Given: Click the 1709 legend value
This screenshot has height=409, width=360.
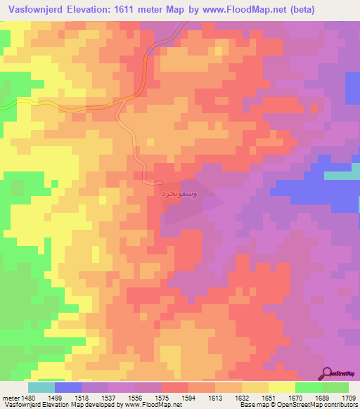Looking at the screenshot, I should (349, 397).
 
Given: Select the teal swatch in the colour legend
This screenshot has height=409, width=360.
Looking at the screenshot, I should (41, 387).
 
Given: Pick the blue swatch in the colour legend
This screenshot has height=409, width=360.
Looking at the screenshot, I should (68, 387).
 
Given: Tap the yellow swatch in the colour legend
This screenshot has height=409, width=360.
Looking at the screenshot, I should (282, 387).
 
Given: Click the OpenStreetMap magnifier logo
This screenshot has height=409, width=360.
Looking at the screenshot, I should (328, 373).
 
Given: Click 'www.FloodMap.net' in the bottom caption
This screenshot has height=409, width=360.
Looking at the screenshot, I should (148, 405).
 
